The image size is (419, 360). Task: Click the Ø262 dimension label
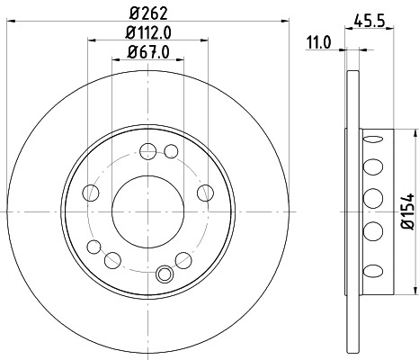(x=147, y=12)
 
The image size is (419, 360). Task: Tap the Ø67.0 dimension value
(x=147, y=51)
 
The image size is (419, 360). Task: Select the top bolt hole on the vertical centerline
(x=147, y=150)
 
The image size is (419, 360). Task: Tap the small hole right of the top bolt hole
(x=171, y=150)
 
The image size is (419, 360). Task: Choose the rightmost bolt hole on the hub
(x=204, y=191)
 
